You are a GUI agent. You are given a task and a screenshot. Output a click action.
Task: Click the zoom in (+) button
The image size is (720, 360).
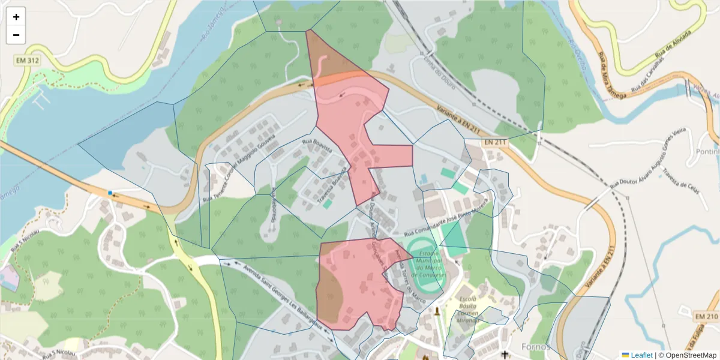(16, 17)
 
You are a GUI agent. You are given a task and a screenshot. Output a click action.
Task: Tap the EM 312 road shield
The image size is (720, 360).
(29, 61)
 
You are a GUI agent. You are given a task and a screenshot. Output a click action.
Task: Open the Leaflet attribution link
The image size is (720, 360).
(641, 355)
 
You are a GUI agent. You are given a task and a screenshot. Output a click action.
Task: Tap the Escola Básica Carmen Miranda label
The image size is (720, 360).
(467, 309)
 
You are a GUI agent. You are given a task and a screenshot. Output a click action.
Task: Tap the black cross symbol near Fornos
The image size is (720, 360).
(505, 354)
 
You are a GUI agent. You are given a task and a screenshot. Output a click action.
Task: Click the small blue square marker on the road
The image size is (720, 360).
(110, 193)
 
